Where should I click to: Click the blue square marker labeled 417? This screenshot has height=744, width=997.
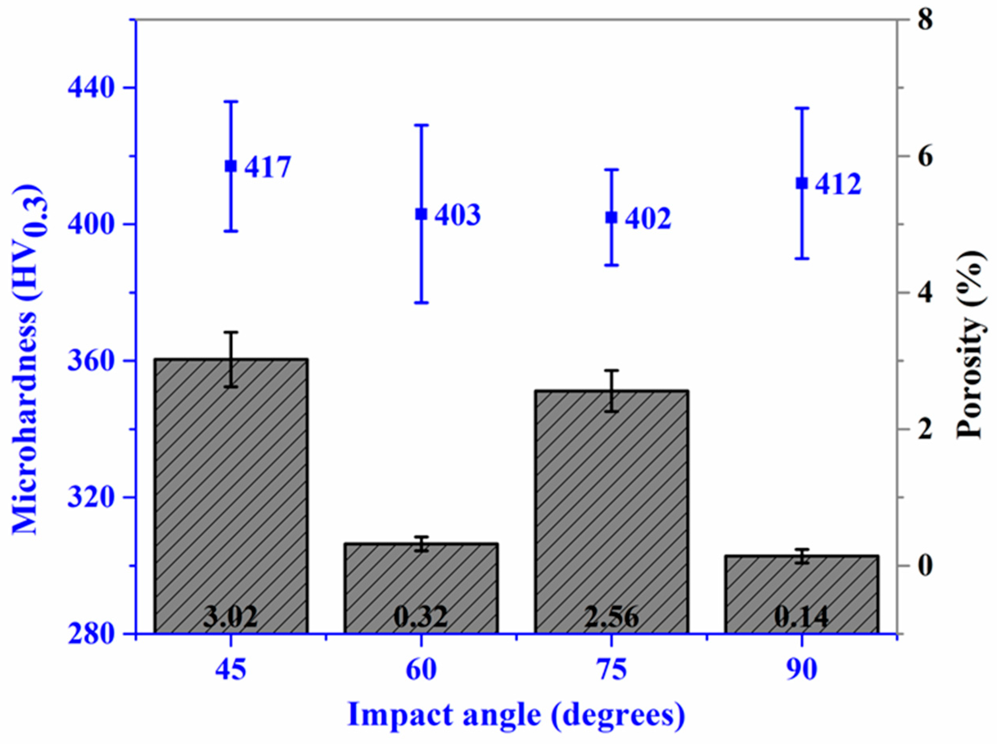[x=231, y=166]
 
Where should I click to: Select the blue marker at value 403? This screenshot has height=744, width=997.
[x=421, y=214]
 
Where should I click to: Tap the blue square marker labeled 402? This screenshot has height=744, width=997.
[x=611, y=217]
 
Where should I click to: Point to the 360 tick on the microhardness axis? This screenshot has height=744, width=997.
[x=90, y=361]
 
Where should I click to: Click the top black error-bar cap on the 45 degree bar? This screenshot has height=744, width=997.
[x=231, y=332]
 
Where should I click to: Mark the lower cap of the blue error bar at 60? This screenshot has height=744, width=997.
[x=421, y=303]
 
